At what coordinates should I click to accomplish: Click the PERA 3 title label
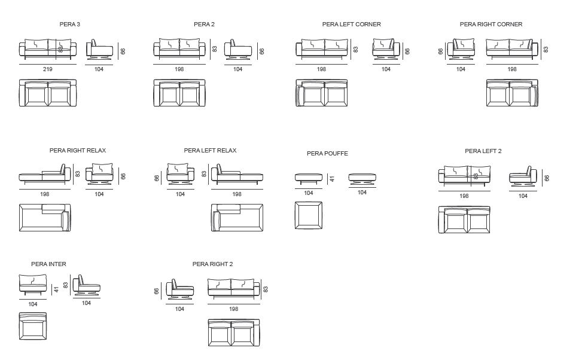click(69, 25)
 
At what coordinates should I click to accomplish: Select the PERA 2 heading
click(204, 25)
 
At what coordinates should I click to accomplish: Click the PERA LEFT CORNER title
click(351, 25)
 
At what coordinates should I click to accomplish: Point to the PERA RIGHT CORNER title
click(490, 25)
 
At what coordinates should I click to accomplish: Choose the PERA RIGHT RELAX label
click(78, 151)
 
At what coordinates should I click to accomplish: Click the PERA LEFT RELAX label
click(210, 151)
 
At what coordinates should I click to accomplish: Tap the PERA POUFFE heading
click(327, 154)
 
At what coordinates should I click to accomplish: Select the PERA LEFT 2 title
click(483, 151)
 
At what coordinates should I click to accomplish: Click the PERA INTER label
click(48, 264)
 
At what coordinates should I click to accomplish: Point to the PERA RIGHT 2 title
click(212, 264)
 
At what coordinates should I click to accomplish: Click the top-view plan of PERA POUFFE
click(309, 216)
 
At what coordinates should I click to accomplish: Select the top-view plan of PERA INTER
click(32, 327)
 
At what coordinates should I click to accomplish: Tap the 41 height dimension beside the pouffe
click(333, 178)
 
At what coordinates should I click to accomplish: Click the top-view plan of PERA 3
click(48, 93)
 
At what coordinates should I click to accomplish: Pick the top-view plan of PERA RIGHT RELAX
click(45, 218)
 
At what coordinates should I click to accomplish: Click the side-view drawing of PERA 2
click(238, 50)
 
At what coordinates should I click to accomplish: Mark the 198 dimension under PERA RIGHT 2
click(233, 309)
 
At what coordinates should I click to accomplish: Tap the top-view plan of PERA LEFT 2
click(464, 221)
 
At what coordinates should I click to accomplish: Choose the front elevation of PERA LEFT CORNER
click(322, 50)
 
